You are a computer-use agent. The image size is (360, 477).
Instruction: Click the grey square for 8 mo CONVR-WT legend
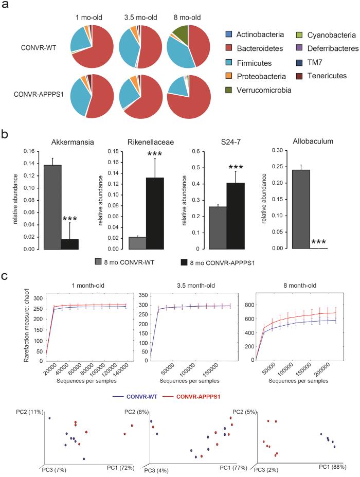(x=99, y=261)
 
